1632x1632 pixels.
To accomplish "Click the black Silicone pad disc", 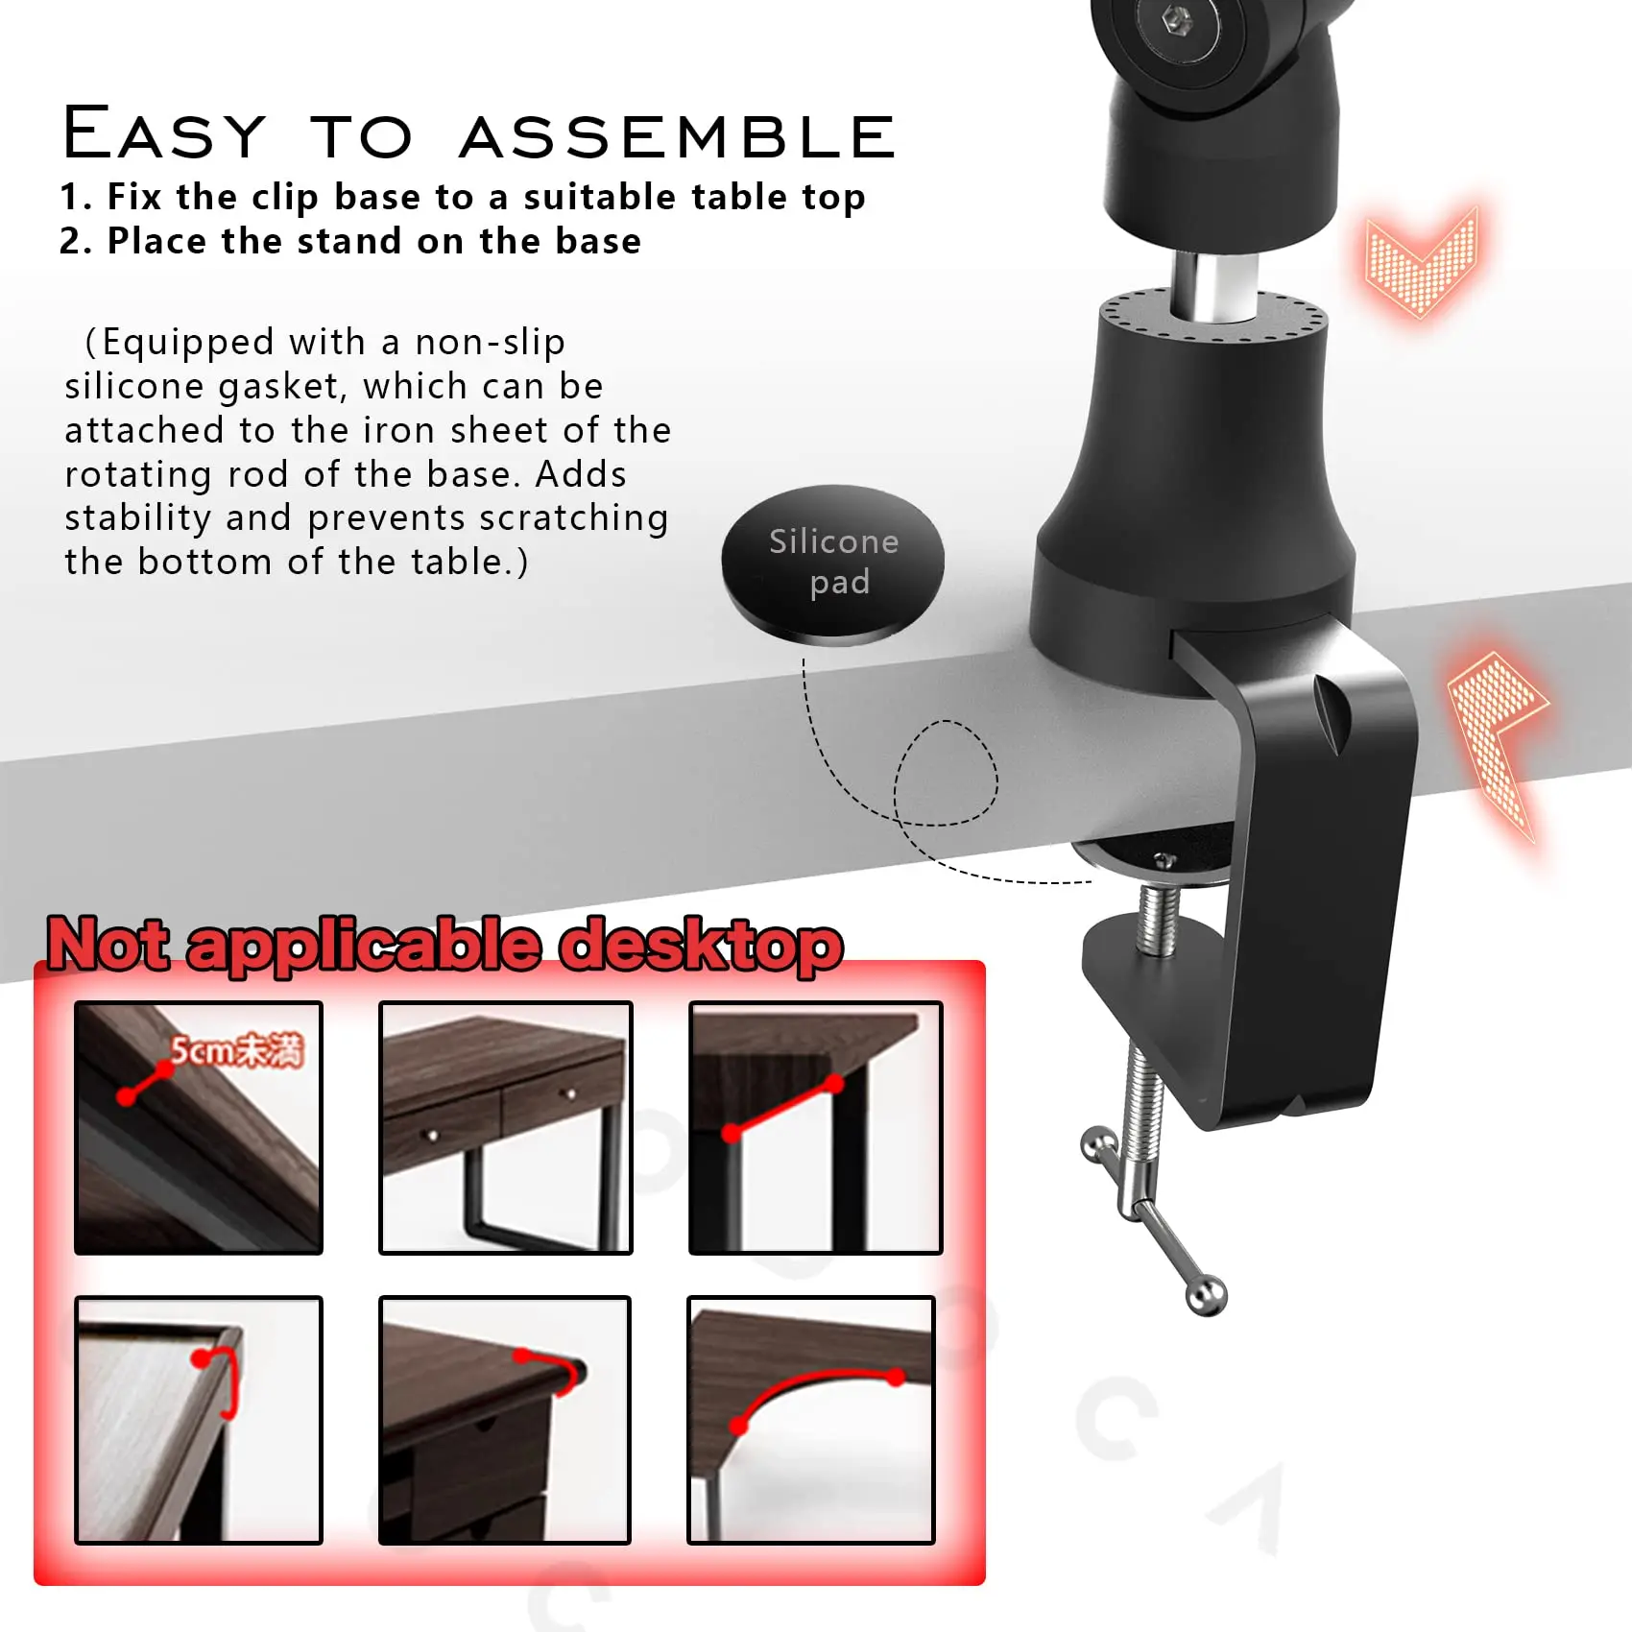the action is coord(832,564).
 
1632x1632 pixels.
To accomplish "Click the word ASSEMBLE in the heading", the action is coord(678,136).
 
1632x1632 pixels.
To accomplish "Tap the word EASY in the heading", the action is coord(164,133).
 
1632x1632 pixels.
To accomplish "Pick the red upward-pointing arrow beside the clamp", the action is coord(1498,739).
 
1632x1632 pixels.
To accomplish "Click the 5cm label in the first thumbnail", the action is coord(236,1050).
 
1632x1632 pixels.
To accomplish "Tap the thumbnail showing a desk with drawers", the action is coord(506,1127).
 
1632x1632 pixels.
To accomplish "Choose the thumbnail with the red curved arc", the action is coord(811,1420).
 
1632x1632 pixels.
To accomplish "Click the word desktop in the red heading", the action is coord(702,945).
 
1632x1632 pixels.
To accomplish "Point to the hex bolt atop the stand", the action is coord(1178,18).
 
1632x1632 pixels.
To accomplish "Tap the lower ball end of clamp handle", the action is coord(1206,1297).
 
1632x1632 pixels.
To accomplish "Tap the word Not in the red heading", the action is coord(108,944).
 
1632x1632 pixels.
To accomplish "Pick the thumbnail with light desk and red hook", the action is coord(199,1420).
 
